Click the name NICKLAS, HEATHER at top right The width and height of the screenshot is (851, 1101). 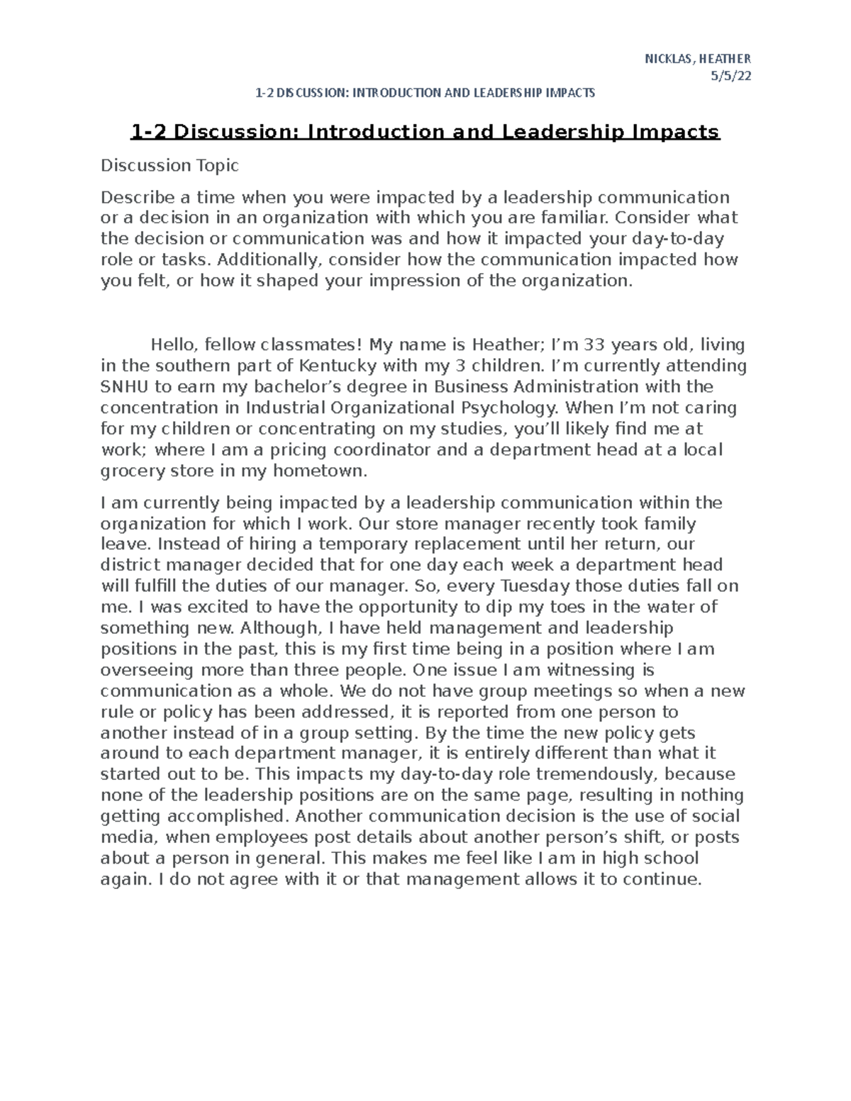pos(697,59)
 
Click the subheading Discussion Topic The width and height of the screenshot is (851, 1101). pos(169,166)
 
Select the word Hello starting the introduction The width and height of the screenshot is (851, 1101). pos(173,345)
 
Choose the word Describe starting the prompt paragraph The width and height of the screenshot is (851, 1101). pos(134,197)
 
